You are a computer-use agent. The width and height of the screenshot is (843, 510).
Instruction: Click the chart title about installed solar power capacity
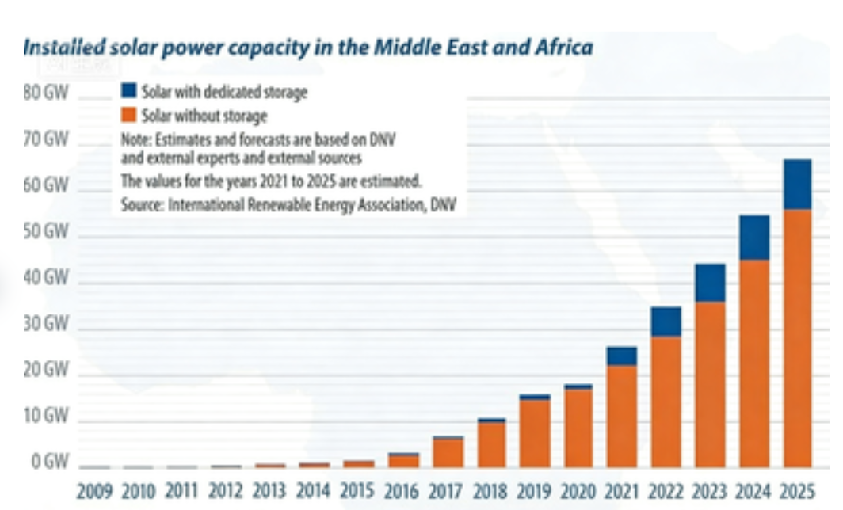pyautogui.click(x=307, y=48)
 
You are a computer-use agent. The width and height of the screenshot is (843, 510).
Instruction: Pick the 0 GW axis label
pyautogui.click(x=48, y=462)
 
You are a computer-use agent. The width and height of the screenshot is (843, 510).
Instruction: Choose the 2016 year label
pyautogui.click(x=403, y=491)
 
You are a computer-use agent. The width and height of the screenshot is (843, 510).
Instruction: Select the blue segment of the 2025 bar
pyautogui.click(x=797, y=185)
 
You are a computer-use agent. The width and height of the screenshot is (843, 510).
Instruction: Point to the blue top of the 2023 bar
pyautogui.click(x=710, y=283)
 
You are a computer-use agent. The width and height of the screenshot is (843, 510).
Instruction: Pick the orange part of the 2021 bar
pyautogui.click(x=622, y=416)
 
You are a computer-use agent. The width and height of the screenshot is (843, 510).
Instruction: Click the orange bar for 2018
pyautogui.click(x=491, y=444)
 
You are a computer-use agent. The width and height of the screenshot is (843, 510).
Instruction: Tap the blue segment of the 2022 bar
pyautogui.click(x=666, y=322)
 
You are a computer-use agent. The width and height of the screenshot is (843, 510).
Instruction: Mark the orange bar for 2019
pyautogui.click(x=535, y=433)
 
